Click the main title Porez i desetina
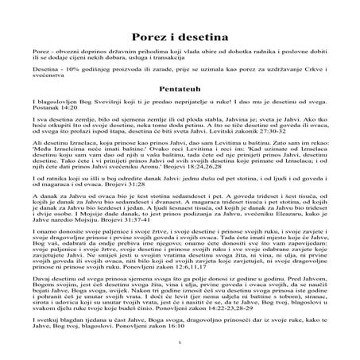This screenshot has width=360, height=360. [x=180, y=37]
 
